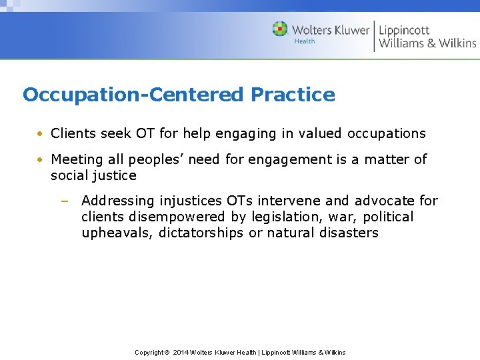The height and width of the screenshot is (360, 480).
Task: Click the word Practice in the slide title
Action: pyautogui.click(x=293, y=95)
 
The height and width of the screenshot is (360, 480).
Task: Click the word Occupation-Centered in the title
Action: pyautogui.click(x=133, y=95)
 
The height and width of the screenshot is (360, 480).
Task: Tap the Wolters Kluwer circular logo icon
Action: pyautogui.click(x=280, y=29)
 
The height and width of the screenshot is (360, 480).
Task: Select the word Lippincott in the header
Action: pyautogui.click(x=404, y=30)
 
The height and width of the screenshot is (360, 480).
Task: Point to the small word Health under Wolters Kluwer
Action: pyautogui.click(x=305, y=41)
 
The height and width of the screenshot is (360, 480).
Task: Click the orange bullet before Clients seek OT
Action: pyautogui.click(x=41, y=134)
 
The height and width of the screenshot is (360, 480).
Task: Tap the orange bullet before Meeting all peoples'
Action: pyautogui.click(x=41, y=160)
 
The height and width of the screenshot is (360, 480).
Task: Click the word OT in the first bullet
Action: pyautogui.click(x=145, y=133)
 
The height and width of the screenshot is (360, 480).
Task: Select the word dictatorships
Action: pyautogui.click(x=201, y=233)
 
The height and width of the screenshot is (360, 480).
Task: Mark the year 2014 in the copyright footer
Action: pyautogui.click(x=181, y=352)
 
